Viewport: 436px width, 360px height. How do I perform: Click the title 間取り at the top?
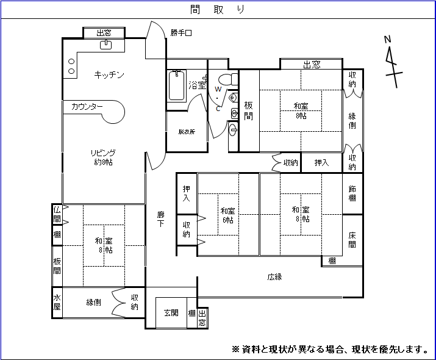pyautogui.click(x=218, y=10)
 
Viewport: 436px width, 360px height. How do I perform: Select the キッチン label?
pyautogui.click(x=109, y=75)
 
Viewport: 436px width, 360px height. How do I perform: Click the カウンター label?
pyautogui.click(x=87, y=107)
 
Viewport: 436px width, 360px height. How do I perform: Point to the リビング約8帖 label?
pyautogui.click(x=103, y=157)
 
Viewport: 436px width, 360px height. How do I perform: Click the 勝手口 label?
pyautogui.click(x=181, y=33)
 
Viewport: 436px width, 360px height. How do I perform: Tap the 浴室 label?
pyautogui.click(x=197, y=85)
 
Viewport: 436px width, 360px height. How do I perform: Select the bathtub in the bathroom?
pyautogui.click(x=177, y=86)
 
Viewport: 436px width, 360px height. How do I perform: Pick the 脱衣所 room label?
pyautogui.click(x=187, y=131)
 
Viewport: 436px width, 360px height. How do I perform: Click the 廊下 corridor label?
pyautogui.click(x=161, y=220)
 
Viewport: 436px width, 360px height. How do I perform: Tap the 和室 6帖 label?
pyautogui.click(x=227, y=215)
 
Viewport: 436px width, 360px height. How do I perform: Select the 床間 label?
pyautogui.click(x=352, y=240)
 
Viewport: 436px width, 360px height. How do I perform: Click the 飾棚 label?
pyautogui.click(x=352, y=193)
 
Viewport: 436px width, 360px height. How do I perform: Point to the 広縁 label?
pyautogui.click(x=274, y=277)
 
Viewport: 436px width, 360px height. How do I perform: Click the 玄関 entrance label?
pyautogui.click(x=171, y=313)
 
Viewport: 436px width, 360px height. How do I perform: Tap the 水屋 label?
pyautogui.click(x=57, y=302)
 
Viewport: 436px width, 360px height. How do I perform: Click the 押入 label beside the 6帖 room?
pyautogui.click(x=187, y=193)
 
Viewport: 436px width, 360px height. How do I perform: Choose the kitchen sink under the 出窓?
pyautogui.click(x=105, y=44)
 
